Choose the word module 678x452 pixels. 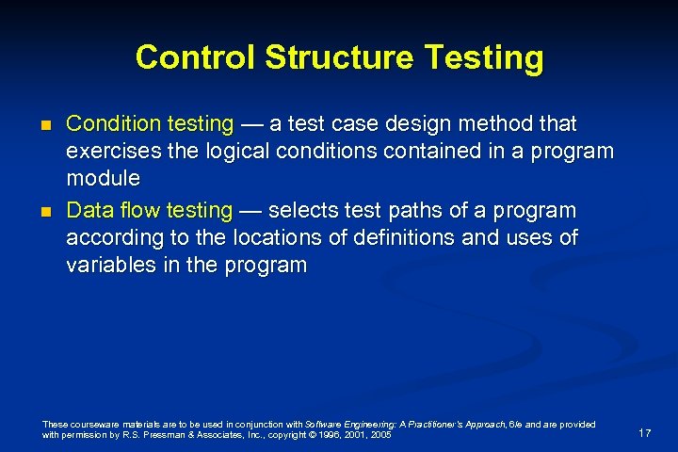point(103,178)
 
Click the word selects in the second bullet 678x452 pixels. point(304,210)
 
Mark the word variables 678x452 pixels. point(108,265)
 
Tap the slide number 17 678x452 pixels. point(645,432)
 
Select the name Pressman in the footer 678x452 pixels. point(144,435)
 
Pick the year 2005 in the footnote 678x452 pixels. point(380,435)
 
